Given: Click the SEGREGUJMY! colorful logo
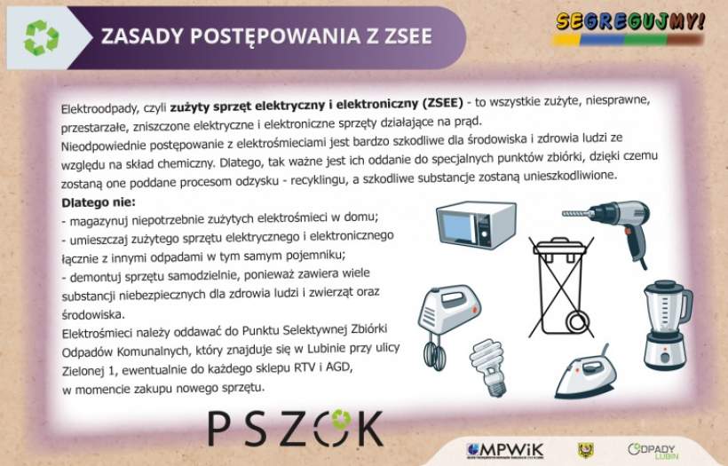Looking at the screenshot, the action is pos(630,28).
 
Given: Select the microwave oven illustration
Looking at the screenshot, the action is pos(476,225).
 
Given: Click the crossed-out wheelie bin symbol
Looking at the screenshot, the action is pos(561,287).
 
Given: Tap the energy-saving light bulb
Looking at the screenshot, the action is pos(488,367).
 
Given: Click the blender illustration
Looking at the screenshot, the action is pos(667,325).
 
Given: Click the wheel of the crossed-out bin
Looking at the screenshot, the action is pos(578,321).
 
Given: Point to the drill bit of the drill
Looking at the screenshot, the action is pos(578,214).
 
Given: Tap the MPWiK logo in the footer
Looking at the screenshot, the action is pos(505,450).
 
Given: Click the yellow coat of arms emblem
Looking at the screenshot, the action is pos(585,450).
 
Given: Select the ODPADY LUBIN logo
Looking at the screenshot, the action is pos(653,450).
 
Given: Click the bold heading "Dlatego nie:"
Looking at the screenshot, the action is pos(99,203).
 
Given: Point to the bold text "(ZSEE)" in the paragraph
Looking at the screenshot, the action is pos(442,104).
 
